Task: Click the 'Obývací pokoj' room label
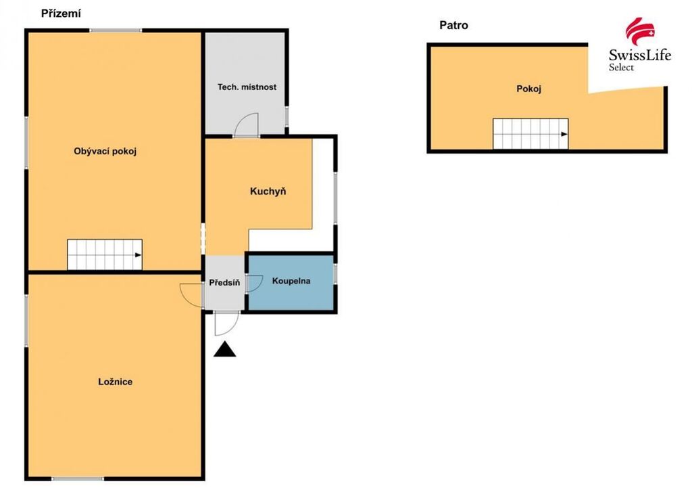tap(105, 151)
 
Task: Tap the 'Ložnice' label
tap(115, 382)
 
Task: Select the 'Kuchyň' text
tap(268, 192)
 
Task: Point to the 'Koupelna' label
tap(291, 281)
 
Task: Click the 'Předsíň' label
tap(224, 282)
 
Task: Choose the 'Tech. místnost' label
tap(247, 87)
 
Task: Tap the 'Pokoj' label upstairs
tap(528, 89)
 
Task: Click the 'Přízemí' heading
tap(61, 14)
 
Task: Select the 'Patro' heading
tap(453, 25)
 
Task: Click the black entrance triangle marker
tap(224, 349)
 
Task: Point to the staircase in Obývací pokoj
tap(105, 254)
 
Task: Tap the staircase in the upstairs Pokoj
tap(530, 134)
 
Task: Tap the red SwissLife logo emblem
tap(640, 32)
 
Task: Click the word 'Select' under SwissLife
tap(622, 68)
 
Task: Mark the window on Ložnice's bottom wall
tap(78, 478)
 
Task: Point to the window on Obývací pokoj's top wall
tap(116, 30)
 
